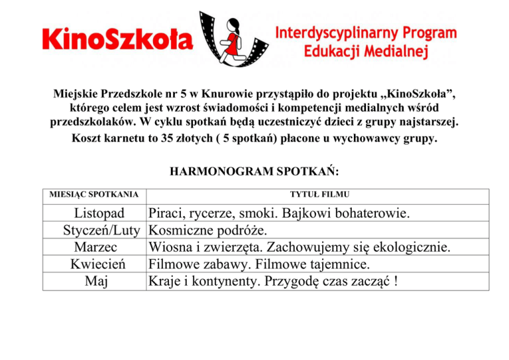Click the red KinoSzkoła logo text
(117, 38)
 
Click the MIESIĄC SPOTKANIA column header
(94, 194)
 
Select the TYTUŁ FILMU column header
(320, 194)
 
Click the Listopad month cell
(100, 214)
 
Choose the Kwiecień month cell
(101, 264)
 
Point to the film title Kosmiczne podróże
(208, 231)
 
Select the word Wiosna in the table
(172, 247)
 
